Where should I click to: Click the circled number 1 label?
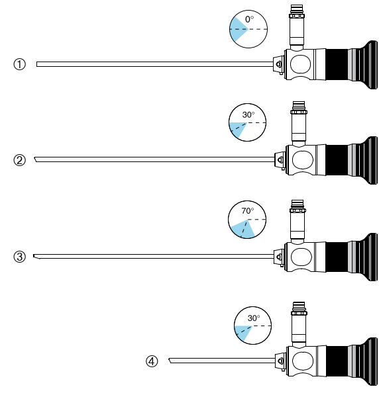point(20,64)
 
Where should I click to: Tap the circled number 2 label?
point(20,160)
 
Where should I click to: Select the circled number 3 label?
point(20,257)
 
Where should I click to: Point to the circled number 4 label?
point(152,361)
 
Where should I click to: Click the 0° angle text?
point(249,20)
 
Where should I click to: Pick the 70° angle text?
point(248,211)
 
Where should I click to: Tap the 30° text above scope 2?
point(248,115)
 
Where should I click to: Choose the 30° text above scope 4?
point(254,318)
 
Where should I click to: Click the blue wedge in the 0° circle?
point(237,29)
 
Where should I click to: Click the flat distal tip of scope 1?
point(37,64)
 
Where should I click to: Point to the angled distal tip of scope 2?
point(35,159)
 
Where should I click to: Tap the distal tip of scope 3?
point(34,256)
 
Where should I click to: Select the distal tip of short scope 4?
point(170,361)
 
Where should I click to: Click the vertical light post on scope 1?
point(297,27)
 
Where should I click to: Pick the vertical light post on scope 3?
point(298,222)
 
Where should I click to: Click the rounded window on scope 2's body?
point(303,159)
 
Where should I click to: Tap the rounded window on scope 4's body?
point(303,361)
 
